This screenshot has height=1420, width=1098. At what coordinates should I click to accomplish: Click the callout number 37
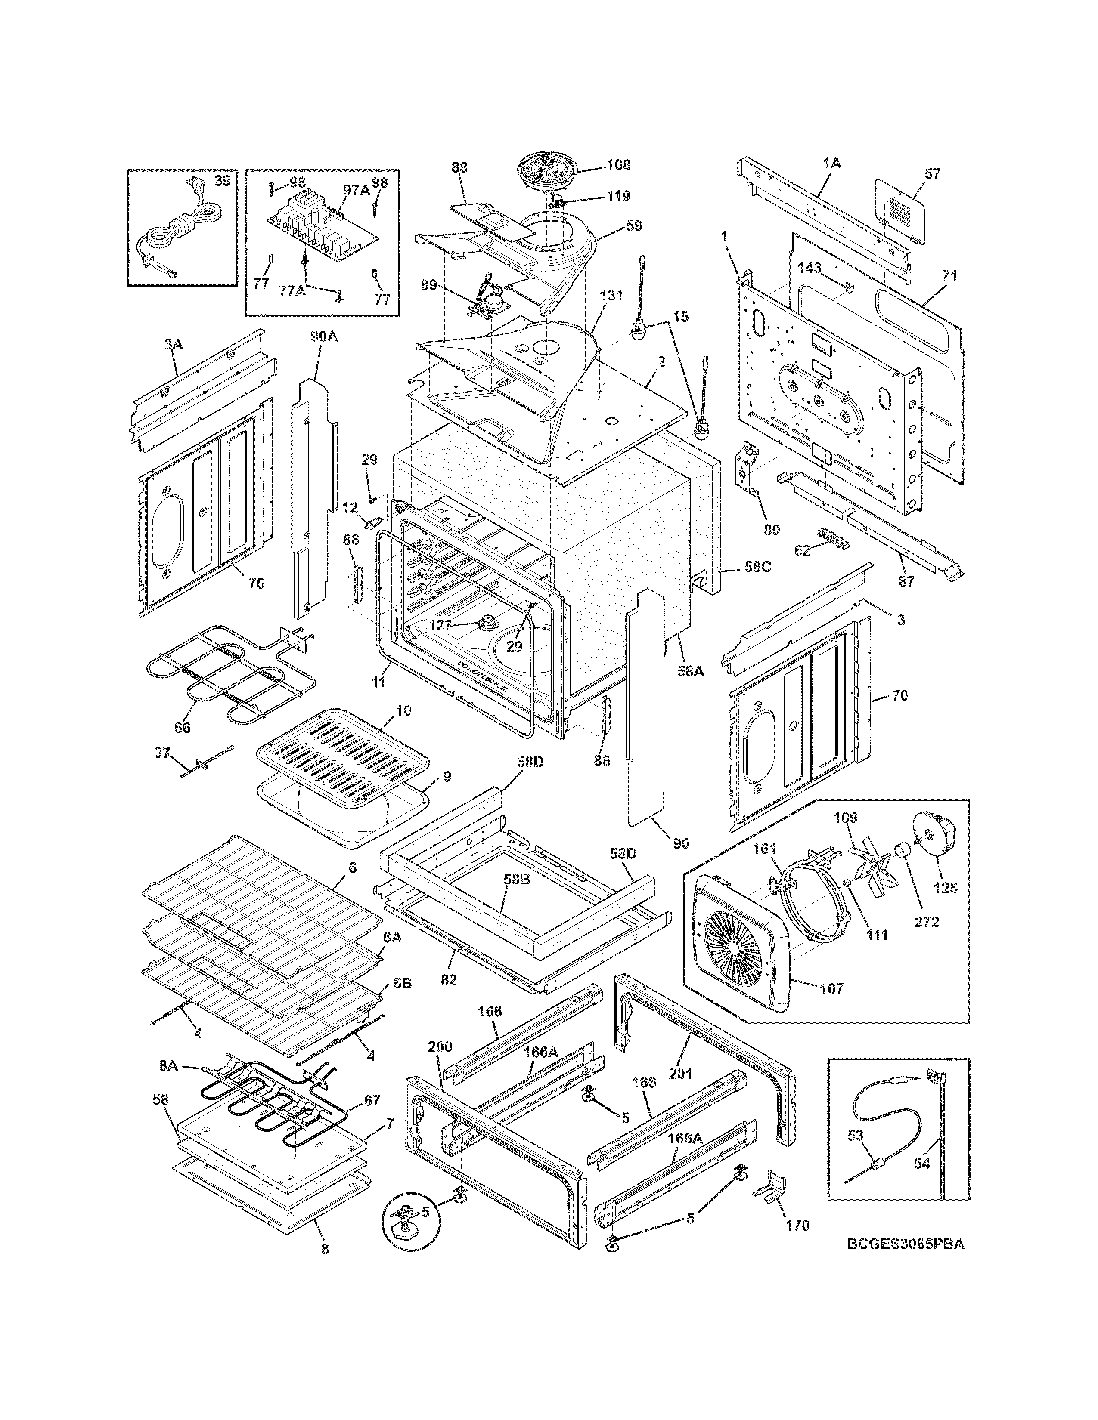tap(162, 753)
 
